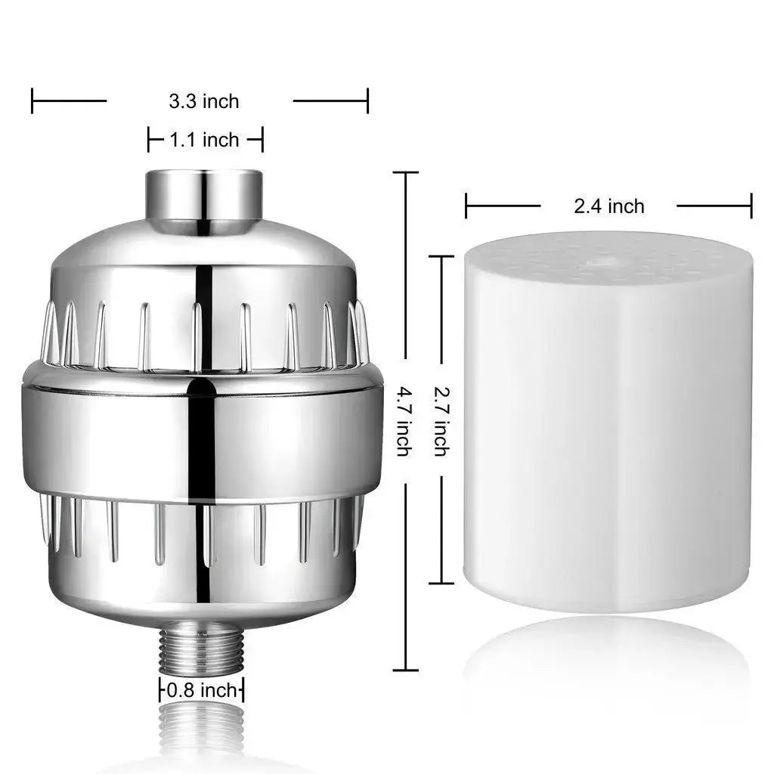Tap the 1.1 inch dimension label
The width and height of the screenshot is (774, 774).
(203, 140)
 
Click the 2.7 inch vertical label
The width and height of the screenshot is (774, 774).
(440, 421)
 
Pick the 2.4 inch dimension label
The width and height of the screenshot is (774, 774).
(608, 206)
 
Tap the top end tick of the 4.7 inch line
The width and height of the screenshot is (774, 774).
(405, 172)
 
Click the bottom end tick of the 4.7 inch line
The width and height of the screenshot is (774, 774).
(405, 670)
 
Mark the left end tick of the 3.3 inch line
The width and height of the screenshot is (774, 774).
(33, 101)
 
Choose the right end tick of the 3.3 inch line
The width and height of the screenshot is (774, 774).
(367, 101)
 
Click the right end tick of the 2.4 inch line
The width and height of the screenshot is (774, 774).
(751, 206)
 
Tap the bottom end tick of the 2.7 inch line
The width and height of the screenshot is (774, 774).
(441, 583)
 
